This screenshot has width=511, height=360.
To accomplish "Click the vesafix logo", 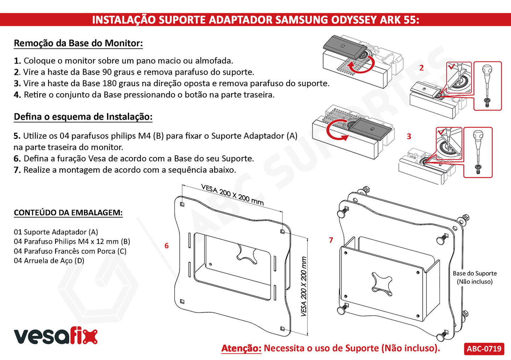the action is pos(56,336).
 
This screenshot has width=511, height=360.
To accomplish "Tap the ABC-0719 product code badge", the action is pos(484,348).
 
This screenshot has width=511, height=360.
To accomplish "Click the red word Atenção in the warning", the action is pos(242,348).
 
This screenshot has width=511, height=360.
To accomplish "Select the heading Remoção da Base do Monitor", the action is pos(78,43).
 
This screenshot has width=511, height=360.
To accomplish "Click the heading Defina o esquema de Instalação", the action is pos(83,117).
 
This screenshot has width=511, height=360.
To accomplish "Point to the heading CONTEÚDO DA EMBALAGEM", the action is pos(68,213).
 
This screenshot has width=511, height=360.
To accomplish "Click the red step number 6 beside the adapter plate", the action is pos(167,246).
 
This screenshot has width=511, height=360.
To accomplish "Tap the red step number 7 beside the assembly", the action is pos(331,240).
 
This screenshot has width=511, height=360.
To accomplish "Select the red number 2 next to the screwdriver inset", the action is pos(422,68).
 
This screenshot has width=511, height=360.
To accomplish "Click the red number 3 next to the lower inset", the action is pos(409,137).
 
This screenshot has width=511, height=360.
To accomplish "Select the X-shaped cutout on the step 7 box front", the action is pos(383,283).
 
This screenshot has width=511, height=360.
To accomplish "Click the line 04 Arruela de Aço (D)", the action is pos(49,261).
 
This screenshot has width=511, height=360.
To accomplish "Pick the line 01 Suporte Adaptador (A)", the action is pos(56,232).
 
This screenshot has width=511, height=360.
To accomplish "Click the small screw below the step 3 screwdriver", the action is pos(477,169).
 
